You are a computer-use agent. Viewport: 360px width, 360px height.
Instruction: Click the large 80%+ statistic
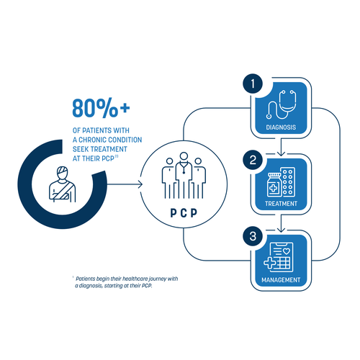pyautogui.click(x=101, y=107)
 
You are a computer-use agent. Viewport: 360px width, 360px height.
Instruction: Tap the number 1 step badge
pyautogui.click(x=253, y=84)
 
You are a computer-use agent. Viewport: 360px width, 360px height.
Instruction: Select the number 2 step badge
pyautogui.click(x=253, y=160)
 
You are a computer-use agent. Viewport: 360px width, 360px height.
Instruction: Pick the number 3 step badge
pyautogui.click(x=253, y=236)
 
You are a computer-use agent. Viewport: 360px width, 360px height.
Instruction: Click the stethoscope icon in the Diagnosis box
pyautogui.click(x=281, y=104)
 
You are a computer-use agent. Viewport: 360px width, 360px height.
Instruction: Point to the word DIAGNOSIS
pyautogui.click(x=281, y=127)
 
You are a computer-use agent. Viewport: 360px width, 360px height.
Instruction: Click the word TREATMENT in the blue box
pyautogui.click(x=281, y=204)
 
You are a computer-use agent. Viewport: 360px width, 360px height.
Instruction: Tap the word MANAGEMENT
pyautogui.click(x=281, y=280)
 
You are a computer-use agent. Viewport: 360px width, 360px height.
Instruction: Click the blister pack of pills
pyautogui.click(x=288, y=182)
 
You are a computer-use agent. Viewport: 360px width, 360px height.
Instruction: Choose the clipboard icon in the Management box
pyautogui.click(x=282, y=257)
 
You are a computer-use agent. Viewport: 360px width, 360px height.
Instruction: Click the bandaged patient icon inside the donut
pyautogui.click(x=63, y=184)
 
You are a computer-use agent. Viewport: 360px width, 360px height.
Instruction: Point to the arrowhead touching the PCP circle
pyautogui.click(x=140, y=184)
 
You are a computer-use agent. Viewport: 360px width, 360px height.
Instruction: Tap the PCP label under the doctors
pyautogui.click(x=184, y=212)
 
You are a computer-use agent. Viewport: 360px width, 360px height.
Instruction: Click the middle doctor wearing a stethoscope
pyautogui.click(x=184, y=175)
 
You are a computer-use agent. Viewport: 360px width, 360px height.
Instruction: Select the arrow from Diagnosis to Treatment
pyautogui.click(x=281, y=147)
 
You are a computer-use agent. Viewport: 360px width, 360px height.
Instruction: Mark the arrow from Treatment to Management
pyautogui.click(x=281, y=223)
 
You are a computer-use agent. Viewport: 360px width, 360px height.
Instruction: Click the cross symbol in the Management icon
pyautogui.click(x=270, y=263)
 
